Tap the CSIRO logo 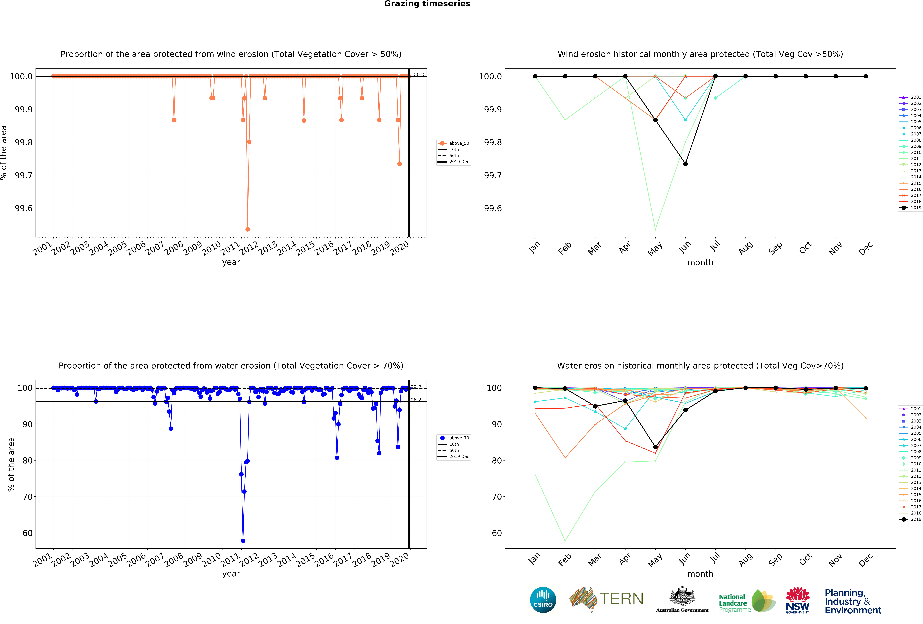pos(543,600)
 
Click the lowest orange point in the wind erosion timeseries pos(247,229)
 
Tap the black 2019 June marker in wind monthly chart pos(685,164)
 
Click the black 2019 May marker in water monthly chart pos(655,447)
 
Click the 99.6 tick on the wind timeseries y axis pos(24,208)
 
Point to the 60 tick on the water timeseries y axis pos(28,533)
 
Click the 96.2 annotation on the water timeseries pos(416,400)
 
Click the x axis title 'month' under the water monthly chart pos(700,574)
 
